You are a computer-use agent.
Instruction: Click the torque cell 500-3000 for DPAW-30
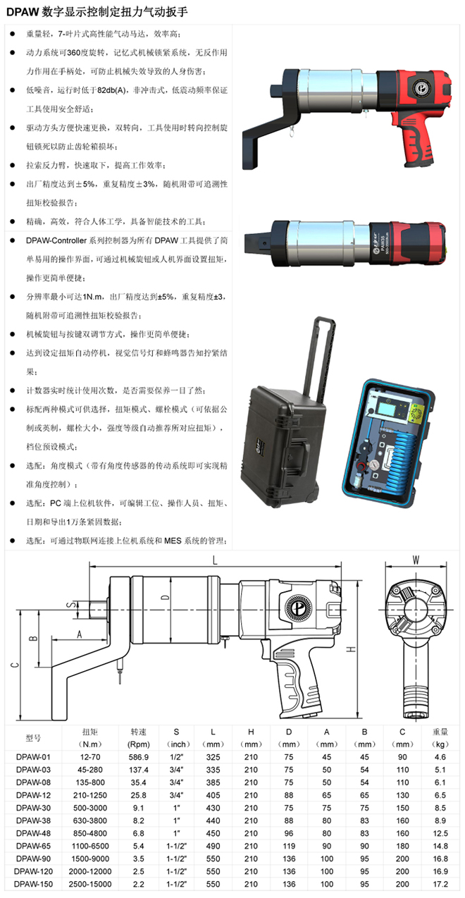point(89,808)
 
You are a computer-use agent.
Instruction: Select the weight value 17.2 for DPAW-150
point(440,884)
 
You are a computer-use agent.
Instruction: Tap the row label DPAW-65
point(33,846)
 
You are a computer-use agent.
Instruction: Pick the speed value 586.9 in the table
point(139,757)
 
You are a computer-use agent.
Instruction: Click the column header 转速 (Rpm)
point(138,738)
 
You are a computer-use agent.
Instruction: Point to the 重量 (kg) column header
point(440,738)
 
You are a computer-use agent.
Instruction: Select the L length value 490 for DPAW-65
point(213,846)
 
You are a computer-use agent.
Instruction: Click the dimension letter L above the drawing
point(215,560)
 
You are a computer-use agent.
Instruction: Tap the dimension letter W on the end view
point(416,560)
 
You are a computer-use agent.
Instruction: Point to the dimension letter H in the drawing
point(351,649)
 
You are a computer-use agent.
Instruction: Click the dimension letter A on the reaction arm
point(80,634)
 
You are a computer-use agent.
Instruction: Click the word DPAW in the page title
point(23,12)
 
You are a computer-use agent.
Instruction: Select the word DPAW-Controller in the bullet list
point(56,240)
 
